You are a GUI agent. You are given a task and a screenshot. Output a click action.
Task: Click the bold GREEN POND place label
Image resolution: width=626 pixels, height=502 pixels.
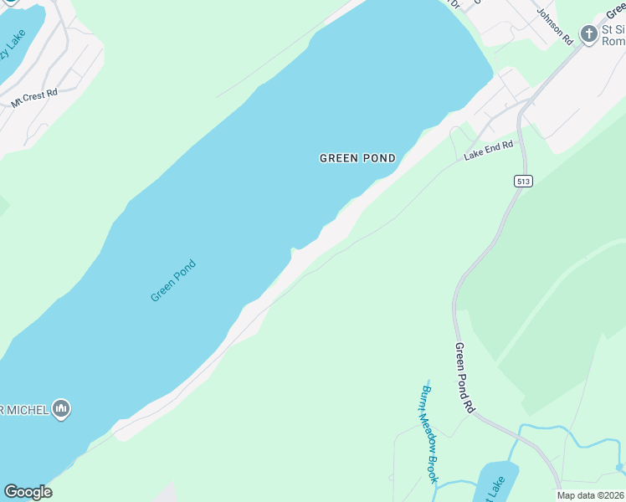tap(357, 158)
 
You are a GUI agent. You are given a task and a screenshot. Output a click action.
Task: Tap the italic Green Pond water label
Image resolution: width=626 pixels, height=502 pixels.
tap(173, 281)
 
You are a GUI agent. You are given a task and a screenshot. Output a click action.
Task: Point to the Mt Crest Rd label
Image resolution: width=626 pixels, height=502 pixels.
tap(33, 98)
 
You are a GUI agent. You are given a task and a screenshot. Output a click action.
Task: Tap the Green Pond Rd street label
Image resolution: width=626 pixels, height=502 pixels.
tap(464, 376)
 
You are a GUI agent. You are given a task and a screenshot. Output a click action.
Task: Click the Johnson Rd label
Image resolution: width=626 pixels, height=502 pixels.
tap(554, 27)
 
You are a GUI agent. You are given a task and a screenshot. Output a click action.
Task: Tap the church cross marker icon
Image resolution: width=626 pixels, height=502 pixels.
tap(589, 34)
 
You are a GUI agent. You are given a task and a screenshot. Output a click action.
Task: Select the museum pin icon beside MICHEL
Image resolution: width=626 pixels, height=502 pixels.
tap(61, 409)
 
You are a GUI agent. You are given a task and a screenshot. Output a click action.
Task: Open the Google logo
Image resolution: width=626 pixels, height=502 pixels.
tap(28, 492)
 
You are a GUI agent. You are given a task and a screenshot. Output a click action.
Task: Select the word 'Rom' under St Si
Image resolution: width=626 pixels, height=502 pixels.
tap(614, 41)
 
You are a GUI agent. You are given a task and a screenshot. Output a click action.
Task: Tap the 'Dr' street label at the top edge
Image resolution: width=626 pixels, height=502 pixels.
tap(454, 4)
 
